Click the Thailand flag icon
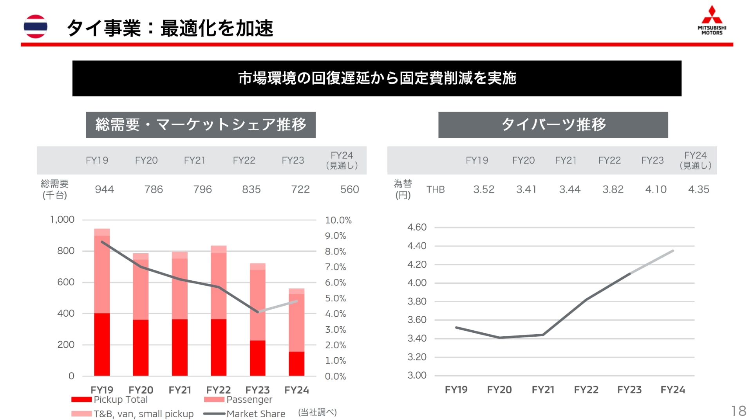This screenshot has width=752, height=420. [x=36, y=27]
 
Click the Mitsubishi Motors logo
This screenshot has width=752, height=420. [x=712, y=20]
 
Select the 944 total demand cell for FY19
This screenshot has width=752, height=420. [x=104, y=189]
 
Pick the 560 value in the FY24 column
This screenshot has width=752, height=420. [x=349, y=189]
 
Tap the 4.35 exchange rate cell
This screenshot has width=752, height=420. [x=698, y=189]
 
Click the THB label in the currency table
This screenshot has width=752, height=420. [x=436, y=189]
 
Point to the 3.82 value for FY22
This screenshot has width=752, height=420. [x=613, y=189]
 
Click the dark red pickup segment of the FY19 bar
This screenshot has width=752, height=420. [x=102, y=344]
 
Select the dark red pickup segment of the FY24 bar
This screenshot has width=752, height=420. [x=296, y=364]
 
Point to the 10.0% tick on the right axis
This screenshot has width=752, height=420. [x=338, y=220]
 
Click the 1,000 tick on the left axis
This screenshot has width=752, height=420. [x=62, y=220]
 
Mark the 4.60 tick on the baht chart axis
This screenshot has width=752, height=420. [x=417, y=227]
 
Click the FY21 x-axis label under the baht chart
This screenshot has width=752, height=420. [x=543, y=390]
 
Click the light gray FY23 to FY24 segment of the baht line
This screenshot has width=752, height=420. [x=652, y=262]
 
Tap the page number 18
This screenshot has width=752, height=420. [x=738, y=411]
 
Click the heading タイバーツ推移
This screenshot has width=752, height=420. [x=553, y=124]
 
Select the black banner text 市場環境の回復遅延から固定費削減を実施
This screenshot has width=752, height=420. [x=377, y=78]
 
